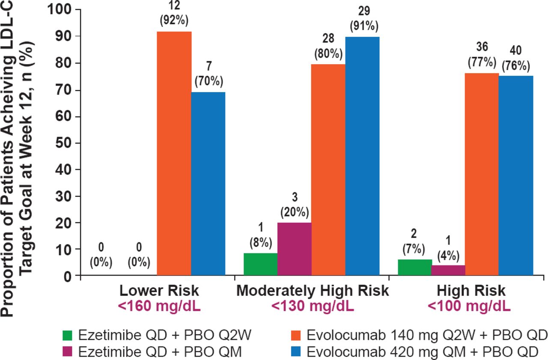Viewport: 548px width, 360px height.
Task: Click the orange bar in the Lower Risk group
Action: (174, 154)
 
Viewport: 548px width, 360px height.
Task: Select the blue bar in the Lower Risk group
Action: (208, 184)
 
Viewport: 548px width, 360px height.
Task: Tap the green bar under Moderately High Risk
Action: (260, 265)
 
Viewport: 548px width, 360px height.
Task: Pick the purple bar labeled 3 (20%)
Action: (294, 249)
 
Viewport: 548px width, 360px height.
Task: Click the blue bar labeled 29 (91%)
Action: (362, 157)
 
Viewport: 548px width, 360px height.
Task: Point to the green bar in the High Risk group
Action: (414, 268)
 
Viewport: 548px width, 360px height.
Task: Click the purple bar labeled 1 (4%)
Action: (448, 271)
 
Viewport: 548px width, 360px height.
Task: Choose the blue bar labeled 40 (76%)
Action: (516, 176)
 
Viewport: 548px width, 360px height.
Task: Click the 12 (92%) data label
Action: (174, 14)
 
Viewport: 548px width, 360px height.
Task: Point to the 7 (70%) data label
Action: (208, 75)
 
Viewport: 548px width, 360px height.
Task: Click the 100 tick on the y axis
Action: (61, 9)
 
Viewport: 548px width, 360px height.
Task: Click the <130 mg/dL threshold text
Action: (313, 306)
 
